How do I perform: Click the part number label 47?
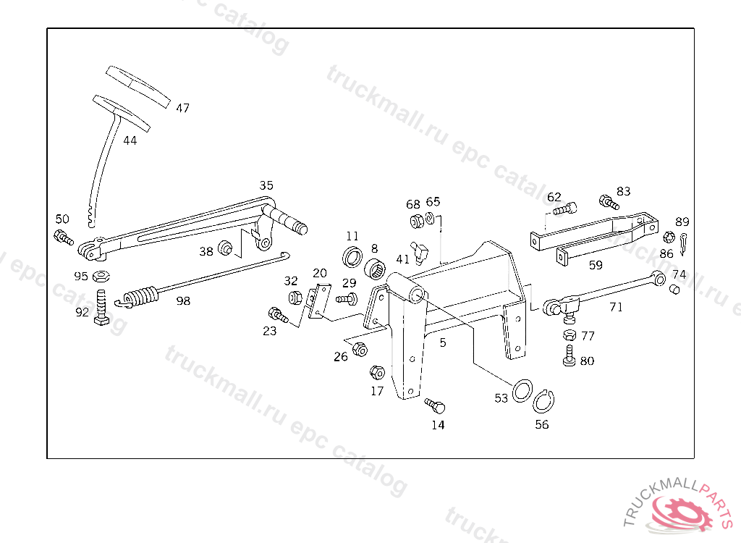click(182, 108)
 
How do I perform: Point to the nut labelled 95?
click(102, 275)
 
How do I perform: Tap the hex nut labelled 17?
click(376, 373)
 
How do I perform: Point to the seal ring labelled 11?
click(353, 256)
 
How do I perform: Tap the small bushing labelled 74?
click(674, 290)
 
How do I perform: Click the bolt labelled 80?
click(569, 355)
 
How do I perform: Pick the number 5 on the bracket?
click(443, 342)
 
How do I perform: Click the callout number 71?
click(616, 306)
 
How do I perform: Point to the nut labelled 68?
click(416, 221)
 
